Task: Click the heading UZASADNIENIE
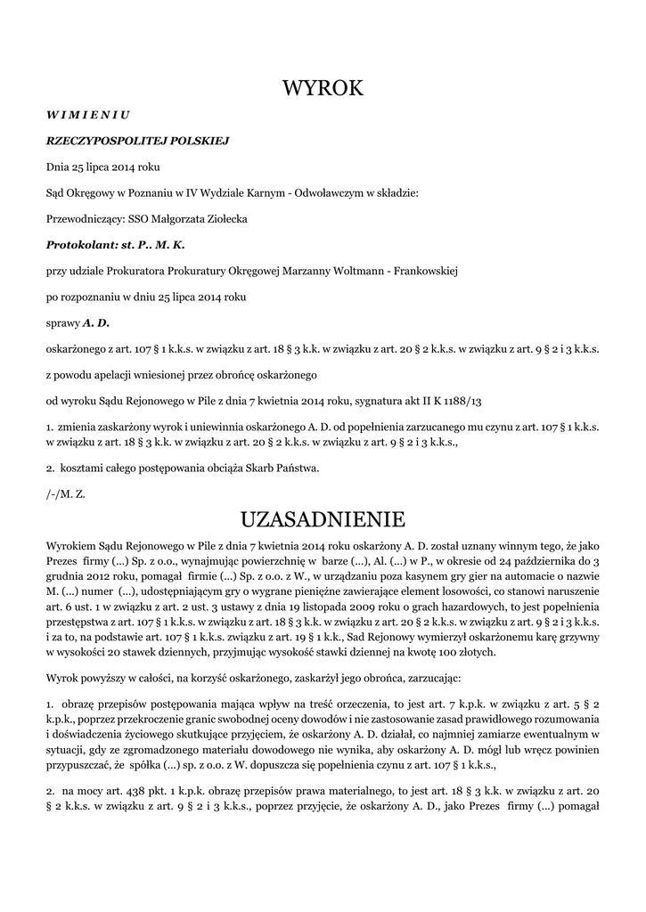coord(323,518)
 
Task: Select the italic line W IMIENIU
coord(88,114)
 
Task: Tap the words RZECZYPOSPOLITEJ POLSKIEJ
coord(138,140)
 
